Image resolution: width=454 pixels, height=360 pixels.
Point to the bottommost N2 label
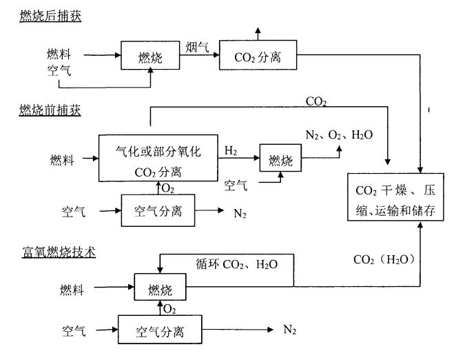point(290,329)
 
